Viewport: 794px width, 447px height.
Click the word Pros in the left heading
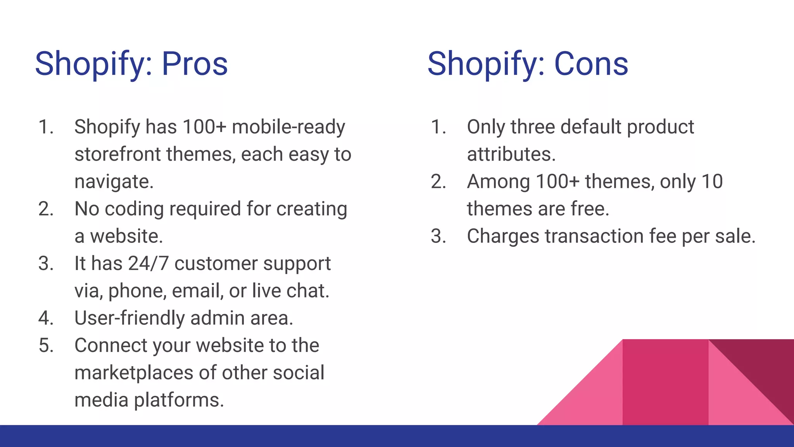pos(195,64)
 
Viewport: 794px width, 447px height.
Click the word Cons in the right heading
pos(591,64)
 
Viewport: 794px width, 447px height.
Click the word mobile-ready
pos(288,127)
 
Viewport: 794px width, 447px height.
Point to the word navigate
pos(114,182)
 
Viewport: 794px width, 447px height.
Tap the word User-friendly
pos(129,318)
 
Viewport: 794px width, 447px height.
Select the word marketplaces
pos(134,373)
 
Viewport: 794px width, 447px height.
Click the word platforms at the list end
pos(179,400)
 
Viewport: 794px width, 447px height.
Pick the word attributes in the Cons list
pos(511,154)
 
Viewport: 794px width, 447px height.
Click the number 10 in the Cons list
pos(712,182)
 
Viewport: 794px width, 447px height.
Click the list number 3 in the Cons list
pos(438,236)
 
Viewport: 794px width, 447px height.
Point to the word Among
pos(498,182)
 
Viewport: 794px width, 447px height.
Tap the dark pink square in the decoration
pos(665,382)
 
